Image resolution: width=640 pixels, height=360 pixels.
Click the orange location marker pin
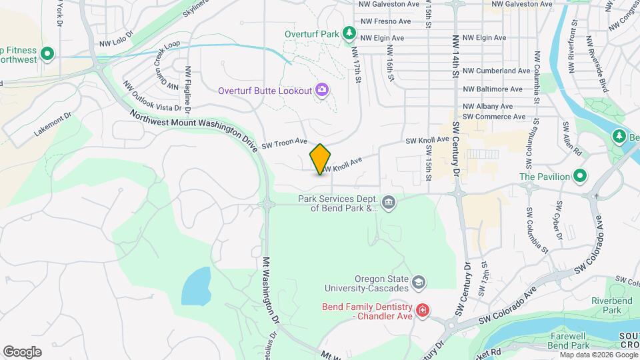click(320, 159)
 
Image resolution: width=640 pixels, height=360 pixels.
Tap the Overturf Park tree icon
click(348, 33)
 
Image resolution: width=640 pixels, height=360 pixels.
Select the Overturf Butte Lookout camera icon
click(323, 89)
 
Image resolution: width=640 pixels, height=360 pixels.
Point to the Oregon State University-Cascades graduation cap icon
click(418, 282)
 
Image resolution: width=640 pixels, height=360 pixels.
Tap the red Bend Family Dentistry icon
click(422, 310)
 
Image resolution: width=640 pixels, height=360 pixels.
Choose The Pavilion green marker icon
click(580, 176)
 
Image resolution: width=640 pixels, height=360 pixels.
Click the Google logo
click(22, 351)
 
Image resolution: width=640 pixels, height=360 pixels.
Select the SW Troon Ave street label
click(284, 143)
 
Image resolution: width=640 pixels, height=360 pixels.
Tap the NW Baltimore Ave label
click(493, 89)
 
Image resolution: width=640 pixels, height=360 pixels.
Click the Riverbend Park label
click(606, 305)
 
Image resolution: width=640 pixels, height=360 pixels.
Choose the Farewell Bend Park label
click(570, 341)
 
